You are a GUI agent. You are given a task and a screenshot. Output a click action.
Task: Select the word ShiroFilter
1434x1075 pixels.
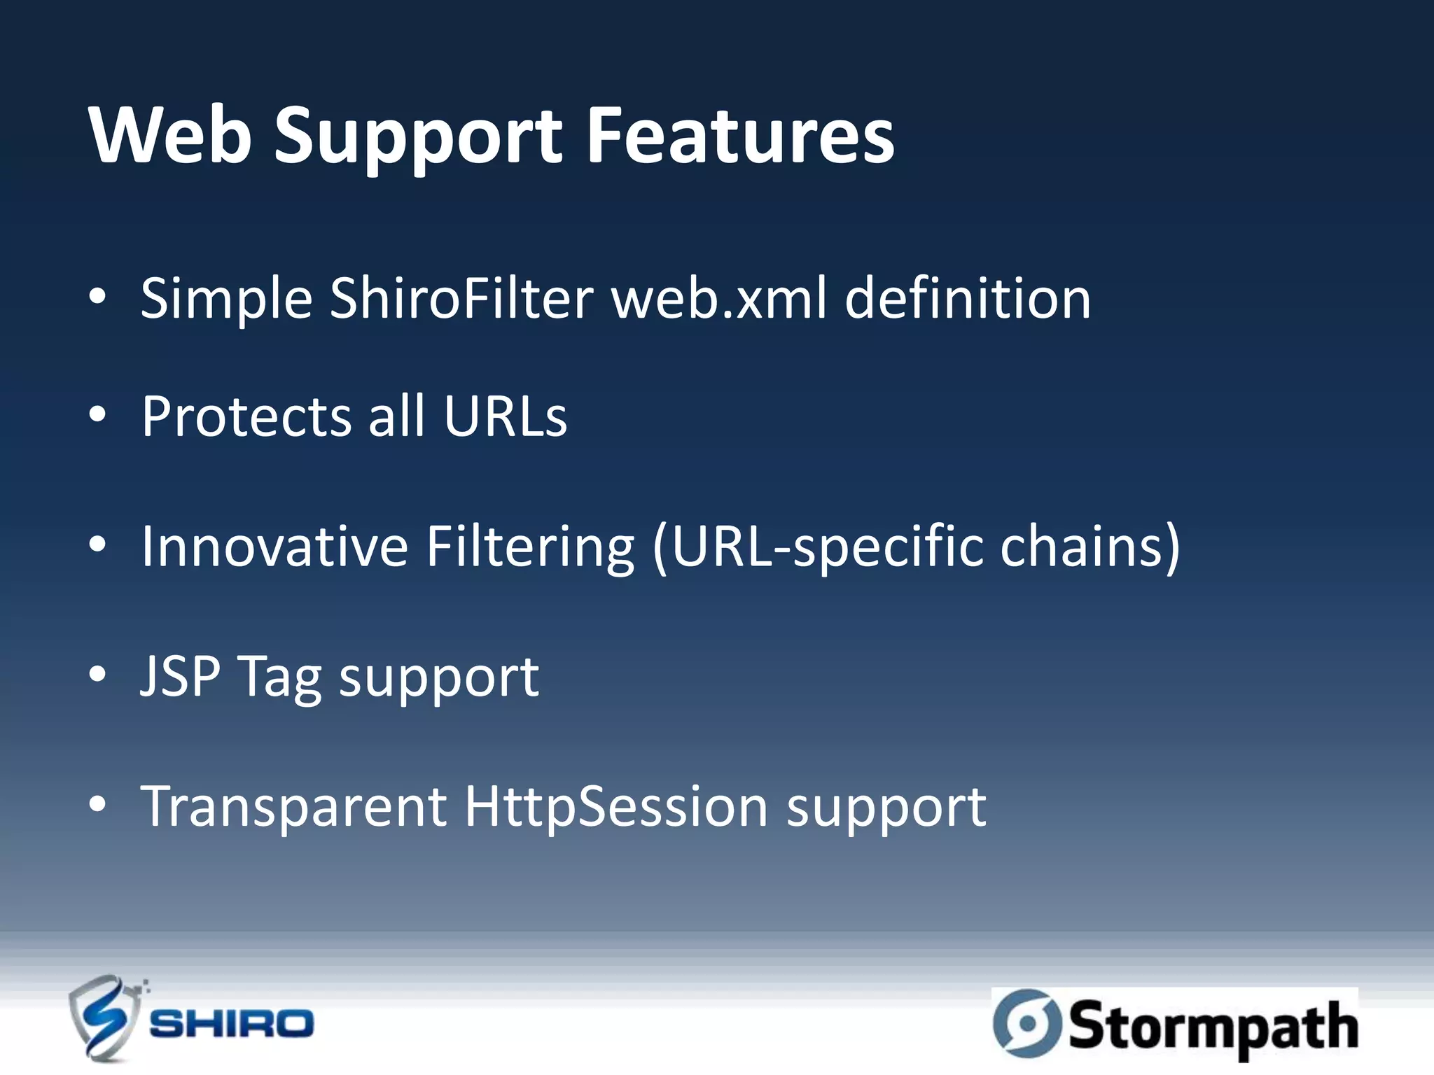pos(461,299)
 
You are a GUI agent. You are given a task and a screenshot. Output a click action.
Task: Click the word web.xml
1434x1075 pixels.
pos(719,299)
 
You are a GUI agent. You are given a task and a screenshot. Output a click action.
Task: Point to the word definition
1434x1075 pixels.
pos(968,299)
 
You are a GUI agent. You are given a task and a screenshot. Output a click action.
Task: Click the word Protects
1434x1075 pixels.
pos(246,417)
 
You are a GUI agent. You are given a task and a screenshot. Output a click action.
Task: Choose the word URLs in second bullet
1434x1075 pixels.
pos(505,417)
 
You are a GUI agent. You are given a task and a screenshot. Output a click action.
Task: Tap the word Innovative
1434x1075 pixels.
pos(274,547)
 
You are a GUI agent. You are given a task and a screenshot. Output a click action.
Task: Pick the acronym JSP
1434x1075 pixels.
pos(181,677)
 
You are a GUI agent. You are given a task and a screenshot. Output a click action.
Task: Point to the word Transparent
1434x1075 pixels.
pos(294,807)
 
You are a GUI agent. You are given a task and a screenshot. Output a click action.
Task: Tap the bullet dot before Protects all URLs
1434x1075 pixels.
pos(98,415)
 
